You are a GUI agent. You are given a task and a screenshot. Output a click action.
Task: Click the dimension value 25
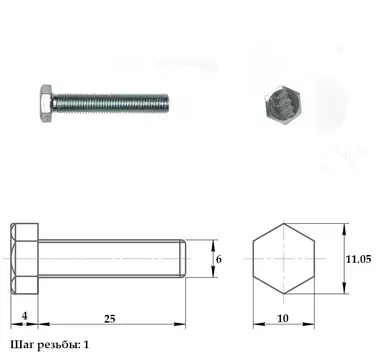pos(109,319)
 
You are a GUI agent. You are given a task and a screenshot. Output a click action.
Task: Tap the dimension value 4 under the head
pos(25,315)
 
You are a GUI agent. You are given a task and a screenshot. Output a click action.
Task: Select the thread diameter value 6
pos(219,259)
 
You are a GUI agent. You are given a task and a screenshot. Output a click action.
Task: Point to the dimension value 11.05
pos(358,259)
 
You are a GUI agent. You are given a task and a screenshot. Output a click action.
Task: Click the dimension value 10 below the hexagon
pos(283,319)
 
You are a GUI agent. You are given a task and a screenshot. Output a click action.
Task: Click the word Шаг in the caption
pos(21,345)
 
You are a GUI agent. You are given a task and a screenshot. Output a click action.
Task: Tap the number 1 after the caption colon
pos(86,344)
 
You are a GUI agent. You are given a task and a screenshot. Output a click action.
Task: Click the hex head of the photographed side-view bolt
pos(46,103)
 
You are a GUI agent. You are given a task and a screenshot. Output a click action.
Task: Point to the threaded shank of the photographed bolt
pos(111,103)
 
